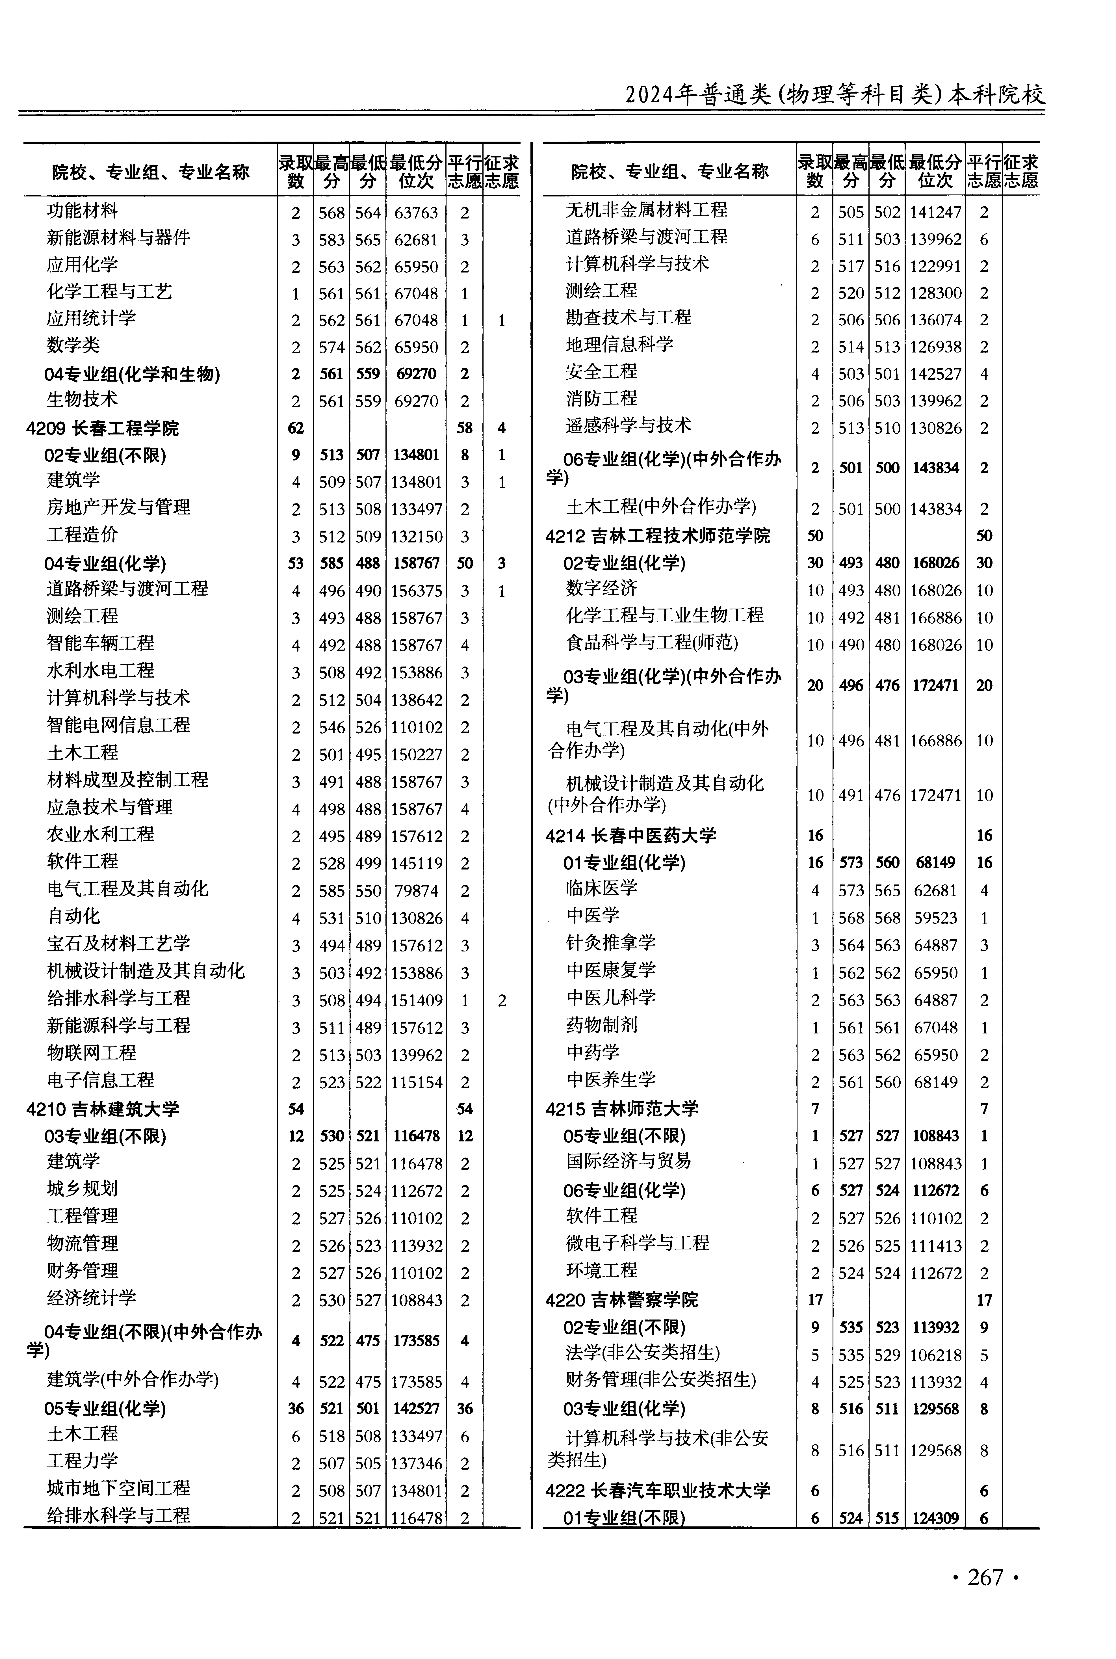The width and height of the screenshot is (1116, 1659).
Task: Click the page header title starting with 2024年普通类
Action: (834, 95)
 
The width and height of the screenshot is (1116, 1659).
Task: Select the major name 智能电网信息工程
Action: (118, 725)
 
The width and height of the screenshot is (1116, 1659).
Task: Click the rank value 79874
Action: (416, 891)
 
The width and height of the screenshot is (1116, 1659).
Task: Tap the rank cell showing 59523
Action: (935, 918)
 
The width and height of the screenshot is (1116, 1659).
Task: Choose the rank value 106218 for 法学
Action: (935, 1356)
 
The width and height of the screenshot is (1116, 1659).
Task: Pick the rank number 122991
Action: (935, 266)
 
